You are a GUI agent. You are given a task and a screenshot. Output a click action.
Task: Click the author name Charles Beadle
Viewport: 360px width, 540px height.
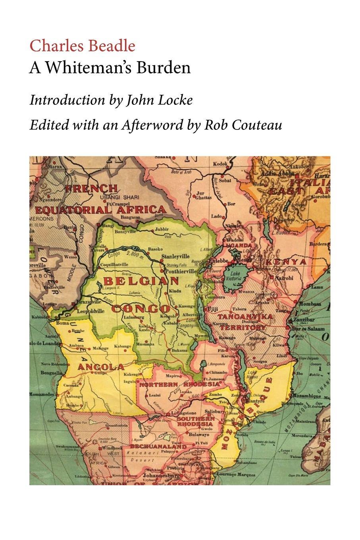[82, 46]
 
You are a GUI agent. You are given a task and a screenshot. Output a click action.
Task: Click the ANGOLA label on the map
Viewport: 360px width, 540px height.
[100, 367]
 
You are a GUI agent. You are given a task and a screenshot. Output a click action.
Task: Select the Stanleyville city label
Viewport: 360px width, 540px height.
[175, 256]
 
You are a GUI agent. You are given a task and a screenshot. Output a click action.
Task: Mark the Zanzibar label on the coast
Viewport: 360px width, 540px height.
[304, 320]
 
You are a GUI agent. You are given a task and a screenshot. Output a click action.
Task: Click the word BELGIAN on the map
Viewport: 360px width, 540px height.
[141, 281]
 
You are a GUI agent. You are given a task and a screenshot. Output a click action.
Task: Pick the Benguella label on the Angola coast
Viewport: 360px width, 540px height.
[40, 373]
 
